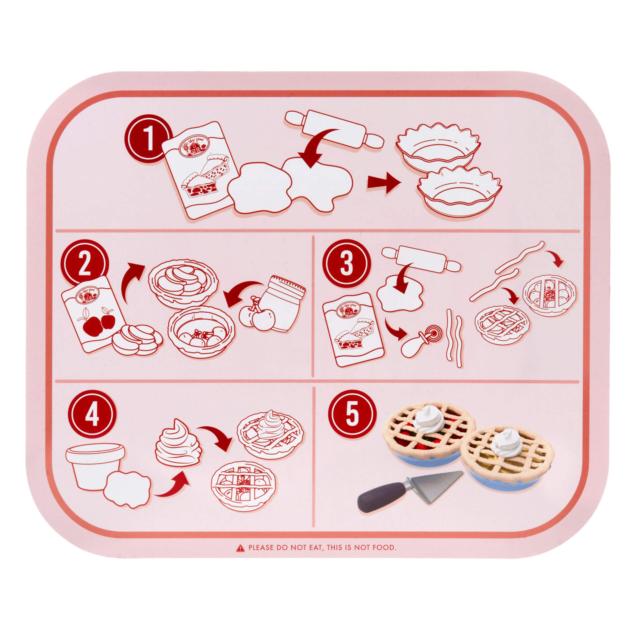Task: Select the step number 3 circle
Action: click(346, 264)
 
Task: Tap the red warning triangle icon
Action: click(241, 548)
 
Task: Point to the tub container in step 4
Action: click(94, 465)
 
